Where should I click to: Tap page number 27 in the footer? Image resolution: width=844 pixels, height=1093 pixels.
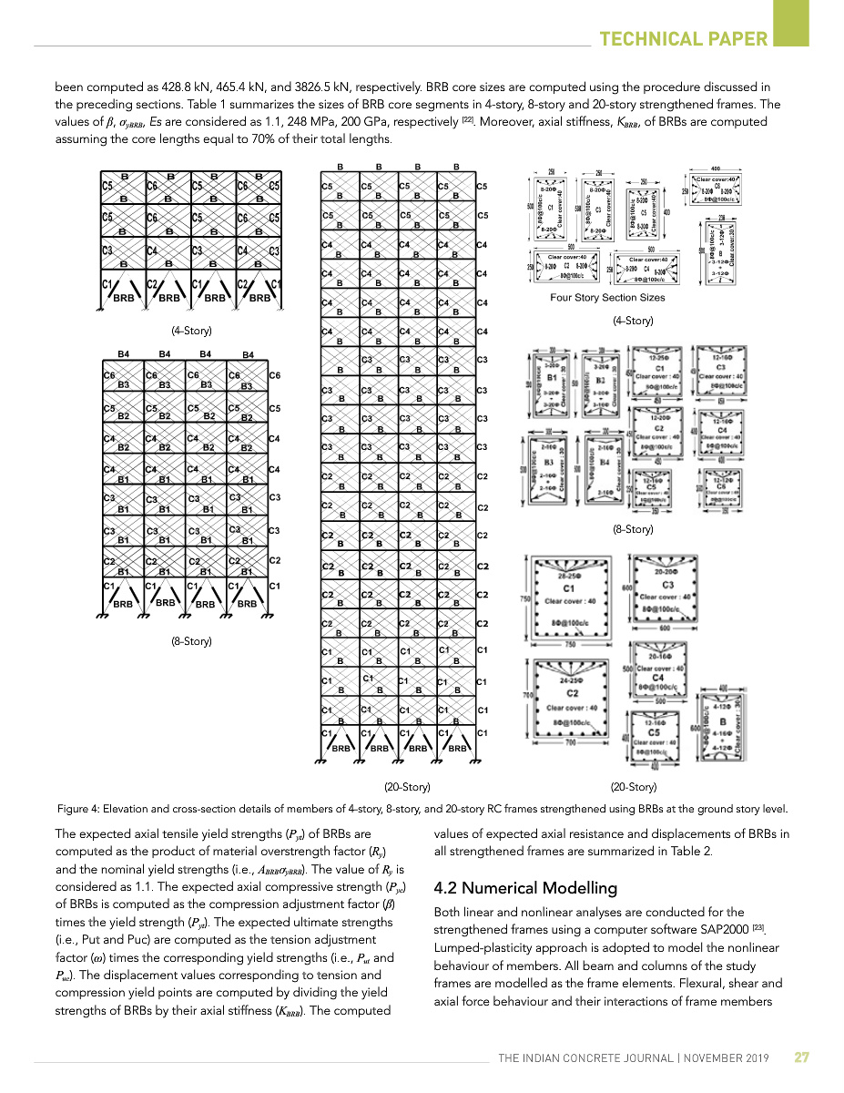tap(801, 1057)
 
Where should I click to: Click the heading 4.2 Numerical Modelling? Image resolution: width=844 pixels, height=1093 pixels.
tap(525, 888)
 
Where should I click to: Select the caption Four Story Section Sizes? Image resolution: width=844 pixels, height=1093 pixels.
tap(607, 298)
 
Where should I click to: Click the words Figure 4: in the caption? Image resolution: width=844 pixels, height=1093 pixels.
tap(78, 809)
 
